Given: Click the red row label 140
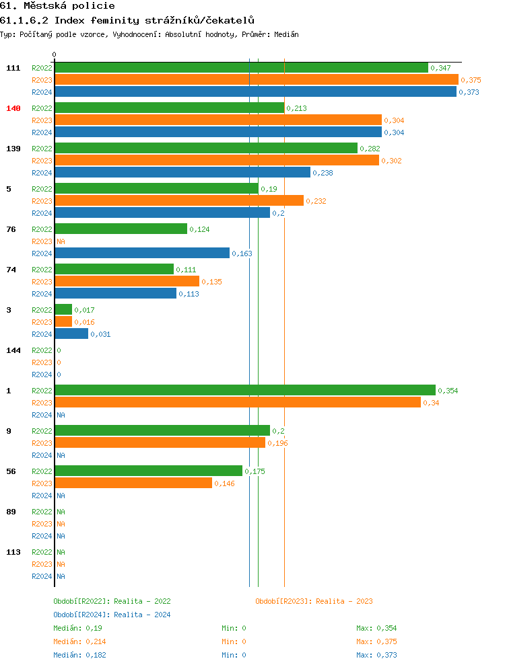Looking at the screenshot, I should [13, 108].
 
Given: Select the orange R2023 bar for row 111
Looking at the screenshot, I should [256, 80].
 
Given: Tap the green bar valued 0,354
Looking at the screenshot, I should [245, 391].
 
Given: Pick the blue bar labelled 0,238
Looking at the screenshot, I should [182, 173].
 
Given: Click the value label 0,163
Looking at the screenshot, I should [242, 253].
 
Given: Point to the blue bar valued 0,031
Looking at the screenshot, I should [71, 334].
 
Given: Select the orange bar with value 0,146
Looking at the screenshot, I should [133, 483].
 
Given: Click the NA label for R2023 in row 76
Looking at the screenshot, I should [61, 241].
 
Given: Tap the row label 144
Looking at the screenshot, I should [13, 350].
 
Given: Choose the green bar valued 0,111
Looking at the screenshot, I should [114, 270].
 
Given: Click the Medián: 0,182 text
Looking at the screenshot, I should [79, 655].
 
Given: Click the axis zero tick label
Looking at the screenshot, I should [55, 54].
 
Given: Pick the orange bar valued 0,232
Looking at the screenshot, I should [179, 201].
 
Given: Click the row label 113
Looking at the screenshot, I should [13, 552].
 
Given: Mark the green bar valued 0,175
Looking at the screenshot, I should [148, 471].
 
